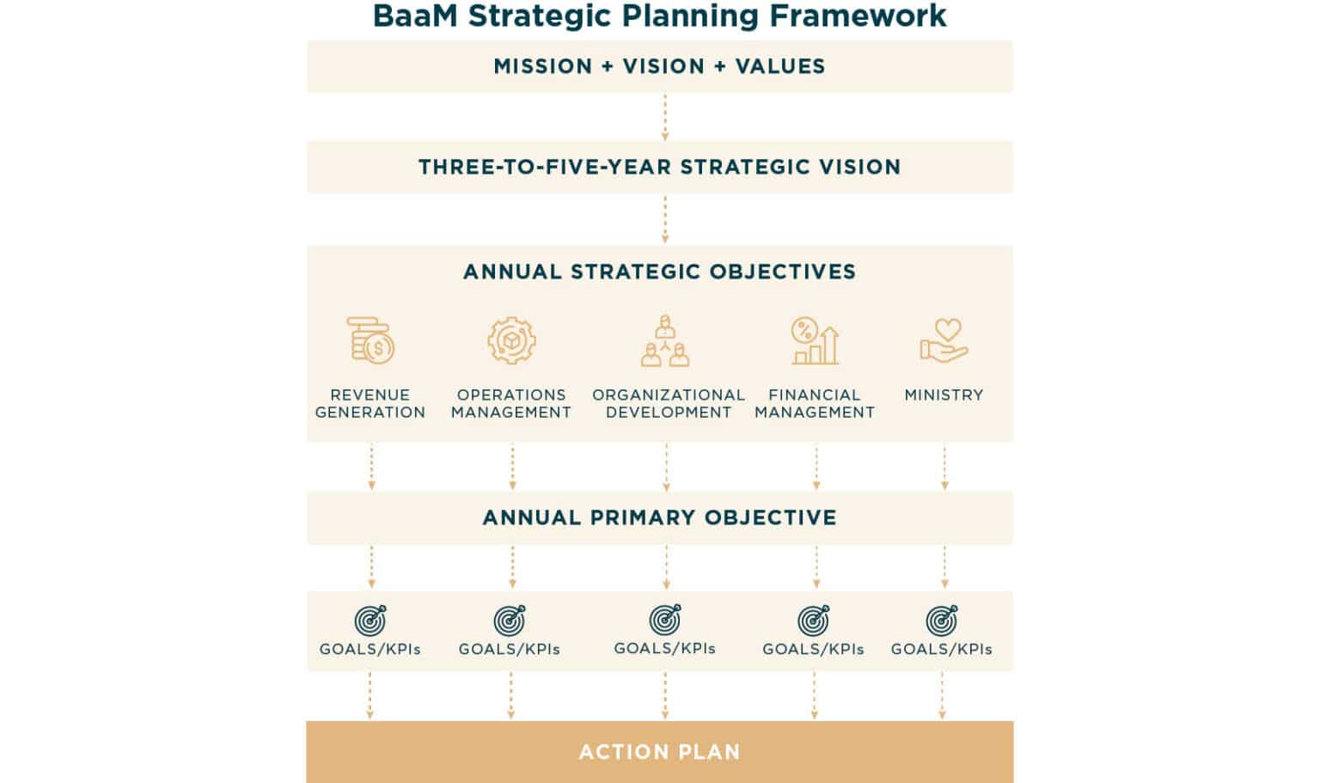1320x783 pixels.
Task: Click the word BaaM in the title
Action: pyautogui.click(x=415, y=15)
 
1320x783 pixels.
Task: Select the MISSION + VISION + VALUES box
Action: pyautogui.click(x=659, y=66)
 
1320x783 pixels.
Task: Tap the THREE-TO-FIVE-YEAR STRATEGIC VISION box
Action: pyautogui.click(x=659, y=167)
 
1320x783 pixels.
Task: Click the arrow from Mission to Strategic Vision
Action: pyautogui.click(x=664, y=118)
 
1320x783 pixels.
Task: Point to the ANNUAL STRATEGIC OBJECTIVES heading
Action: pyautogui.click(x=659, y=272)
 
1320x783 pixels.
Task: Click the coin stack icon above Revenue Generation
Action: pyautogui.click(x=370, y=340)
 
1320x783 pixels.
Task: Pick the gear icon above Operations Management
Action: pyautogui.click(x=511, y=340)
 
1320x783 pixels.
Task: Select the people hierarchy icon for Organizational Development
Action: pyautogui.click(x=665, y=340)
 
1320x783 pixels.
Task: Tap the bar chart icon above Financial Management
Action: pyautogui.click(x=815, y=340)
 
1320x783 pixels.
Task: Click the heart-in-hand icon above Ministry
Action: pyautogui.click(x=944, y=340)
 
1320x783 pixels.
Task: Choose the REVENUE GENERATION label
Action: pyautogui.click(x=370, y=403)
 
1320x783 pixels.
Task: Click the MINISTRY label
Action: pyautogui.click(x=944, y=395)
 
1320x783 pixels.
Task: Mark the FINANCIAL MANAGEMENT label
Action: pyautogui.click(x=815, y=403)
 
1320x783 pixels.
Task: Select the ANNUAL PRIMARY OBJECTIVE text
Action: pyautogui.click(x=659, y=517)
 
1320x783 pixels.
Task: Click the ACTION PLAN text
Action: pyautogui.click(x=659, y=752)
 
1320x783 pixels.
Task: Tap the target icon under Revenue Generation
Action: pyautogui.click(x=370, y=620)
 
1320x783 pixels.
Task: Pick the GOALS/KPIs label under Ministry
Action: pyautogui.click(x=941, y=649)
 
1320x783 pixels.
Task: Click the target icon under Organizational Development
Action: pyautogui.click(x=665, y=619)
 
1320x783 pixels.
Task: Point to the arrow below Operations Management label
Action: pyautogui.click(x=512, y=467)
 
